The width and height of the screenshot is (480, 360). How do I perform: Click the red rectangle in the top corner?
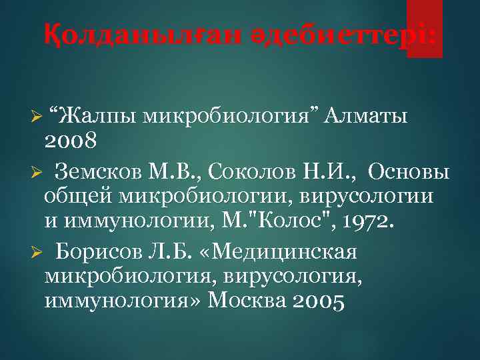pos(425,29)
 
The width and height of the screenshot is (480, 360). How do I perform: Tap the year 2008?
pos(71,141)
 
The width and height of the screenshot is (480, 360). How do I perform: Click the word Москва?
pos(247,302)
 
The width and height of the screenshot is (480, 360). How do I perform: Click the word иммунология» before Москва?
pos(123,302)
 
